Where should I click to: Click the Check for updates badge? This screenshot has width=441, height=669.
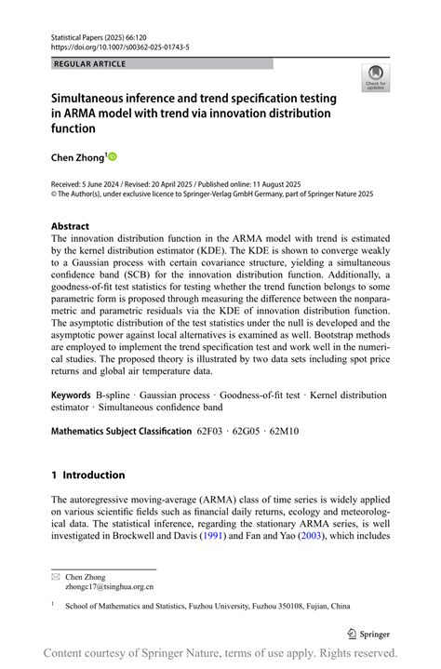(376, 77)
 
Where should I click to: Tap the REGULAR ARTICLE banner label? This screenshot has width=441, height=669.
(89, 64)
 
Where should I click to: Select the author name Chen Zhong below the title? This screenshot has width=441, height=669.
(79, 157)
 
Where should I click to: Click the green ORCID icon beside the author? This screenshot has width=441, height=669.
(114, 157)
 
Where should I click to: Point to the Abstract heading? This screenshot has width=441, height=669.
(71, 226)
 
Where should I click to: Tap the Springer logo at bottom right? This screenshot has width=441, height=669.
(368, 633)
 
